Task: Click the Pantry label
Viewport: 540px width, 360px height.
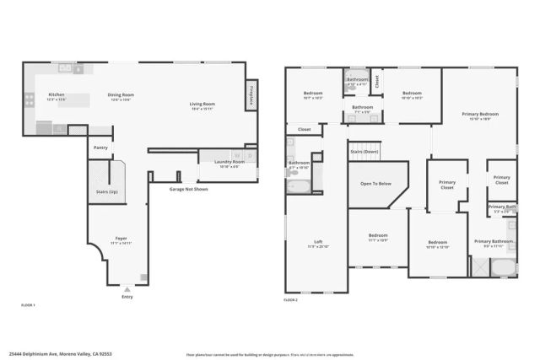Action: [x=100, y=147]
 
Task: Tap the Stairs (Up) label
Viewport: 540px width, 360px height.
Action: [x=106, y=191]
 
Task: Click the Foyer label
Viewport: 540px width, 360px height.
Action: [x=121, y=239]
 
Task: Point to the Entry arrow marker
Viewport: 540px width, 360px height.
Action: [x=127, y=287]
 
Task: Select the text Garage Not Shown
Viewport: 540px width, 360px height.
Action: [x=188, y=189]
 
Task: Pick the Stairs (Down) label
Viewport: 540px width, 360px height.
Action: [x=365, y=153]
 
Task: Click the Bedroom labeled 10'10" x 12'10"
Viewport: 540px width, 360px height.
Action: [x=439, y=244]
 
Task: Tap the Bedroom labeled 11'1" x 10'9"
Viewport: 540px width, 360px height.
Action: [x=378, y=237]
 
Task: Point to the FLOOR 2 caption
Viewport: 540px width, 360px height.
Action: [x=292, y=300]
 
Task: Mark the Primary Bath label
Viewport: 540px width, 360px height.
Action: [x=501, y=207]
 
